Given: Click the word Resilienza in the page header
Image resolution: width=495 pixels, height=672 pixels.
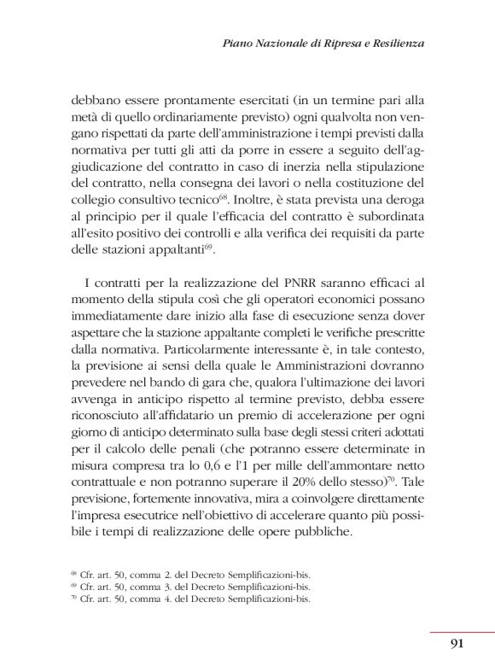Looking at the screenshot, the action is (x=394, y=43).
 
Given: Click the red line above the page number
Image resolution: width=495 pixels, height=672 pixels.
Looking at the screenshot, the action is (x=462, y=632).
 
